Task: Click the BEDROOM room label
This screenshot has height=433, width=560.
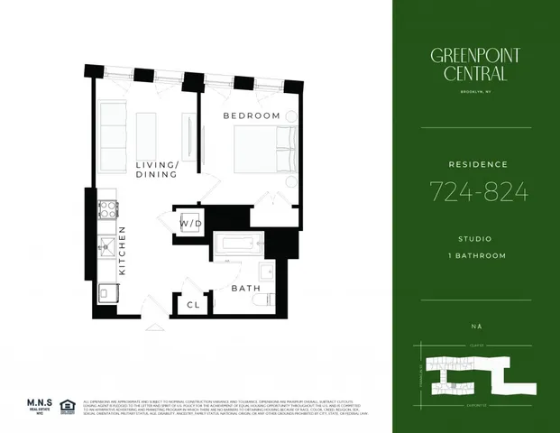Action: (x=252, y=116)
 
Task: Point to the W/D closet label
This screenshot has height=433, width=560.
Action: (x=190, y=222)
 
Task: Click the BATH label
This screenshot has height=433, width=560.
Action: (x=245, y=288)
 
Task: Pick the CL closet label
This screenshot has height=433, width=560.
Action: (x=193, y=305)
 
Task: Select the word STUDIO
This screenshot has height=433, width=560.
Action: (x=476, y=239)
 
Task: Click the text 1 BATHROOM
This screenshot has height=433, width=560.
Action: (x=476, y=255)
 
